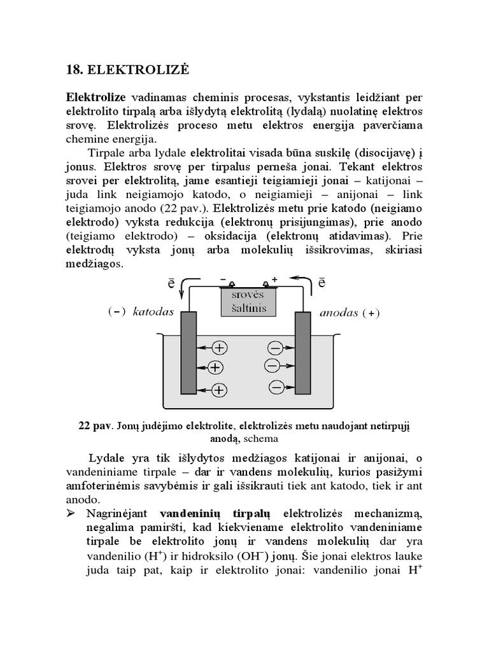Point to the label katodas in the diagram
pos(153,313)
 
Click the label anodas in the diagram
pos(339,313)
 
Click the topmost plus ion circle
pos(220,348)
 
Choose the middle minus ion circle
pos(272,366)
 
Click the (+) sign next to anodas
pos(371,313)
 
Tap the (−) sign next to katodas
pos(117,313)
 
